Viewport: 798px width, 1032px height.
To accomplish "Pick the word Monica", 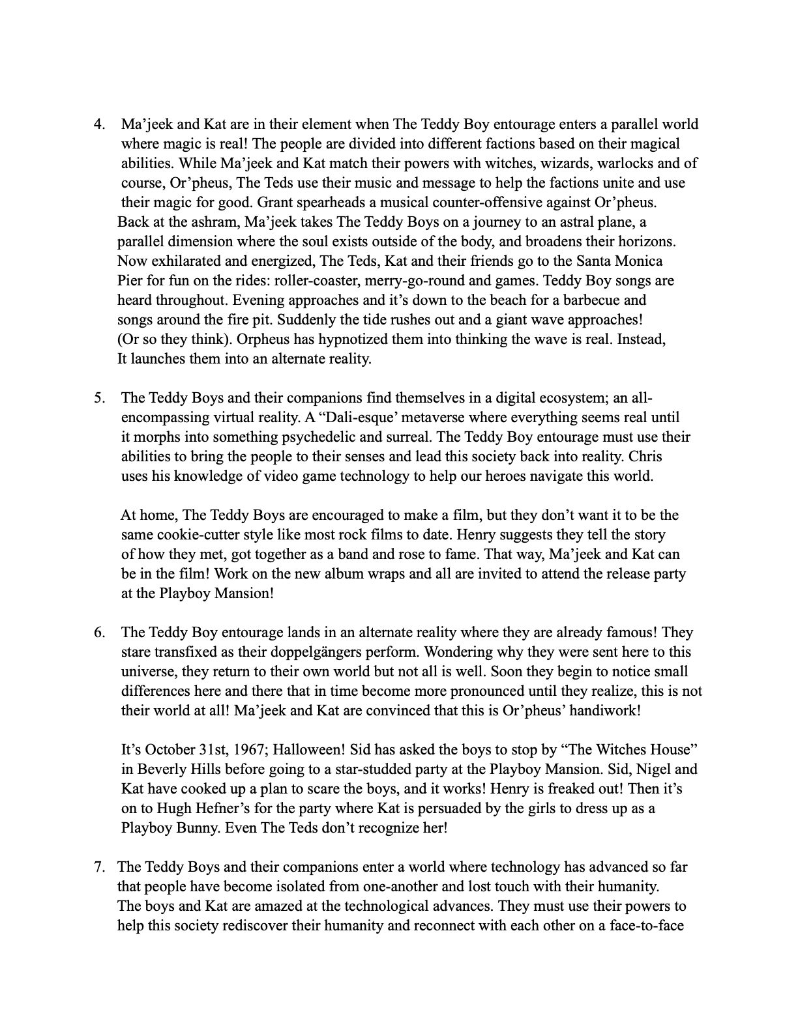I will [x=635, y=261].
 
